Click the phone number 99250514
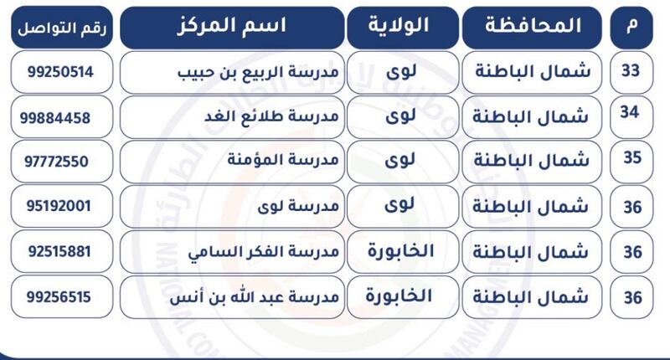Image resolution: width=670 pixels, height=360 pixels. tap(60, 72)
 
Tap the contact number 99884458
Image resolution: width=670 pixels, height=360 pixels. tap(55, 118)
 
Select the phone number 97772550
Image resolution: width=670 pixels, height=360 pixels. tap(56, 162)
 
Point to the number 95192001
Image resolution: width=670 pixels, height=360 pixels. tap(59, 206)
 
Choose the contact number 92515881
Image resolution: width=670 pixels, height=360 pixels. tap(59, 251)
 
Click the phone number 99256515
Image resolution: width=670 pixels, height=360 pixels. tap(59, 297)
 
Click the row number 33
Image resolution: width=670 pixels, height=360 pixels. tap(631, 70)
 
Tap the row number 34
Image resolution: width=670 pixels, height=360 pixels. tap(630, 112)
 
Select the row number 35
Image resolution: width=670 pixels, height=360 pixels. tap(632, 157)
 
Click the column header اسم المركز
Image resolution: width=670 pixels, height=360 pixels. tap(231, 26)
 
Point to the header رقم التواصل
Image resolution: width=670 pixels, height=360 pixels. tap(62, 29)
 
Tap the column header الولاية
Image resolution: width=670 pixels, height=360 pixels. tap(399, 25)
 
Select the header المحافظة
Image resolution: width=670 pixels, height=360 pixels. tap(533, 26)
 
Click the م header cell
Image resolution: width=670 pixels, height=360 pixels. tap(632, 26)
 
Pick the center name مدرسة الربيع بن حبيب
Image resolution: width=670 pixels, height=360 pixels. tap(258, 72)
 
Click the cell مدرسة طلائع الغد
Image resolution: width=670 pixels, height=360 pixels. tap(271, 116)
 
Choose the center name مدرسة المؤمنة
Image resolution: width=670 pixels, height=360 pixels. tap(283, 160)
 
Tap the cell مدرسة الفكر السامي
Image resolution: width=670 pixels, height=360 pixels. tap(263, 252)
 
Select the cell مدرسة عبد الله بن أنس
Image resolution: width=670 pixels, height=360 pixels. tap(255, 297)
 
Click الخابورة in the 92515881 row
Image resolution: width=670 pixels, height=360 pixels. tap(401, 250)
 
